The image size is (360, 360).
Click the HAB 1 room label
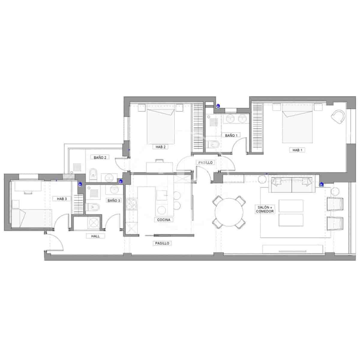click(297, 150)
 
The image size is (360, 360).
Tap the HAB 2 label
click(160, 147)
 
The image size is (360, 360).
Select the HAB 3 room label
click(61, 199)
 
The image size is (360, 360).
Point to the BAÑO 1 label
click(231, 135)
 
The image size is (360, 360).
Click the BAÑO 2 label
click(100, 157)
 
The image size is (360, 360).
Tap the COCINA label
click(163, 220)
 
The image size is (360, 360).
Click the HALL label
click(95, 236)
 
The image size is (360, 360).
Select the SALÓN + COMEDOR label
click(265, 209)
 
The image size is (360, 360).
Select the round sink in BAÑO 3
click(115, 189)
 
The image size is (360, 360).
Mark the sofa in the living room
click(292, 185)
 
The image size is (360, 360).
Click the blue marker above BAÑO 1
click(218, 105)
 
